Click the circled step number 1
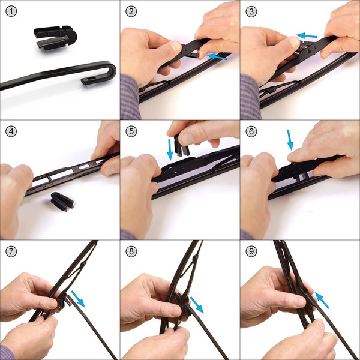tap(11, 11)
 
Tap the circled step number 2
tap(131, 11)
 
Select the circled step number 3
tap(251, 11)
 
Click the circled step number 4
tap(11, 131)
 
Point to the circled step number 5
tap(131, 131)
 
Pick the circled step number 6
tap(251, 131)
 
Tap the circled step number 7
tap(11, 251)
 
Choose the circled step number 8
tap(131, 251)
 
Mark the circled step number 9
tap(251, 251)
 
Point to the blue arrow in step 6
tap(291, 140)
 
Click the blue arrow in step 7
tap(77, 298)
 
